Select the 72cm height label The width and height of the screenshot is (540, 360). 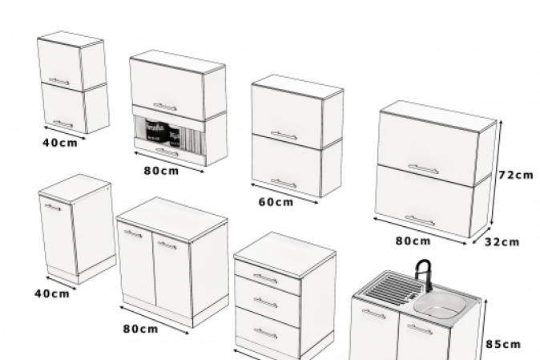(515, 175)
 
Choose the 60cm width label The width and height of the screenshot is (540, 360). (275, 201)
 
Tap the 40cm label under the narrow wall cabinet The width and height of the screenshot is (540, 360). (61, 143)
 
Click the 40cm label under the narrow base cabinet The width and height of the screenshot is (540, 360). (51, 293)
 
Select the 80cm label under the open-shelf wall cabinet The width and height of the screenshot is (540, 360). (162, 171)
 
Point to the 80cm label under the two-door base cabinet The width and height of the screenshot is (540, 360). (139, 329)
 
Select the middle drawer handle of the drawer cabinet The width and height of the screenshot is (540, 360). (265, 302)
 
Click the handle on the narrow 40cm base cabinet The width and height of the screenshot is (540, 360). (53, 208)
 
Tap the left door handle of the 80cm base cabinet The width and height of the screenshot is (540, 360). (133, 234)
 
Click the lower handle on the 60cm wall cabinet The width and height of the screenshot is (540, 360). (283, 184)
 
